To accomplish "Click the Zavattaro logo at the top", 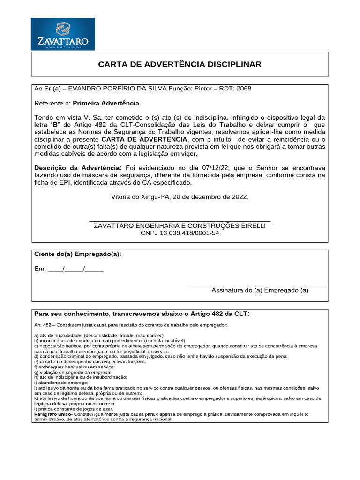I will point(63,34).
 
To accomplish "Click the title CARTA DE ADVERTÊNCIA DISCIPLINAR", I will point(180,64).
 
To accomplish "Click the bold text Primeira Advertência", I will point(106,103).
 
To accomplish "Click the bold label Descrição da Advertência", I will point(78,168).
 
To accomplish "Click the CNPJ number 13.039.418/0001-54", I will point(180,233).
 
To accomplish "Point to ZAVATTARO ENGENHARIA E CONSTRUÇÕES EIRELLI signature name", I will point(180,226).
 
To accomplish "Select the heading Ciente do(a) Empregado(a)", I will point(78,254).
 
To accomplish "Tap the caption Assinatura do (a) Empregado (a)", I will point(260,290).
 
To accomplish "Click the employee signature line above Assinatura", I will point(257,285).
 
